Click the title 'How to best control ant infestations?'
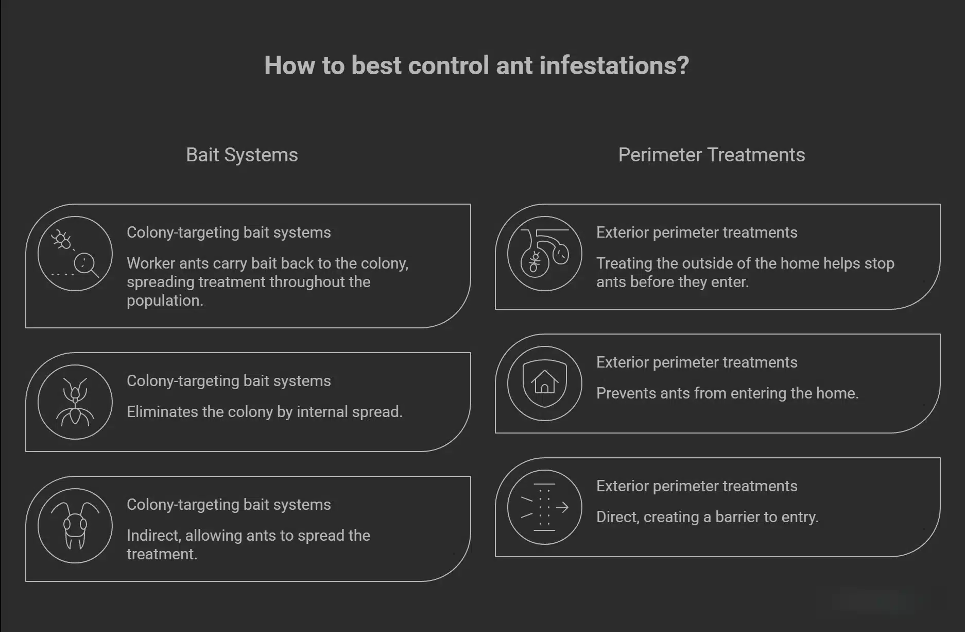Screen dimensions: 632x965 click(x=476, y=65)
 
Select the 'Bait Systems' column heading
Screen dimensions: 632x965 click(x=242, y=155)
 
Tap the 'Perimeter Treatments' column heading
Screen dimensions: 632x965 click(x=711, y=155)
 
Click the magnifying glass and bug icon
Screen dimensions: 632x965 click(x=75, y=254)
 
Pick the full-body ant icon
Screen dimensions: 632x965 click(x=75, y=402)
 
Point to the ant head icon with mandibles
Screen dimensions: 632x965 click(x=75, y=526)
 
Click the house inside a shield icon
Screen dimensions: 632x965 click(x=544, y=384)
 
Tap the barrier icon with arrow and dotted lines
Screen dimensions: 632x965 click(x=544, y=507)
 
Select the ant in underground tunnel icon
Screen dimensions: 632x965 click(x=544, y=254)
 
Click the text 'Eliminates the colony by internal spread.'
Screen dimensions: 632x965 click(x=264, y=412)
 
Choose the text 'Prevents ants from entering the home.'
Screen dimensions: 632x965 click(x=727, y=393)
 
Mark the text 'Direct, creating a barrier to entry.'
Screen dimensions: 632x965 click(x=707, y=517)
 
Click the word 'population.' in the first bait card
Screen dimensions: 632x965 click(x=165, y=301)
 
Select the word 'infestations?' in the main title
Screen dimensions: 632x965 click(x=614, y=65)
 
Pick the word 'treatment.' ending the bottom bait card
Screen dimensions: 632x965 click(x=162, y=554)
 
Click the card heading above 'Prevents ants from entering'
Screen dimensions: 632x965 click(x=696, y=362)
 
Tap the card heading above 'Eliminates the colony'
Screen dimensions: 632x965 click(x=229, y=381)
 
